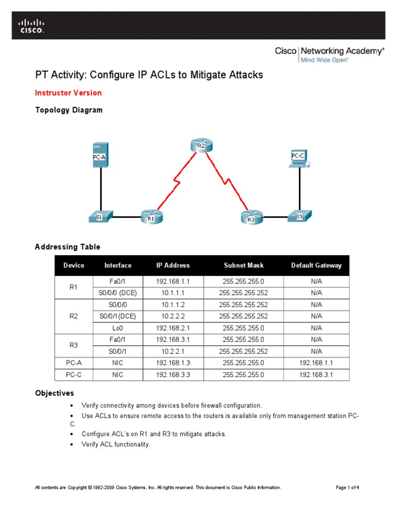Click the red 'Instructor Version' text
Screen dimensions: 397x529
coord(68,93)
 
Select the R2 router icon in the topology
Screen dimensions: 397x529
coord(201,146)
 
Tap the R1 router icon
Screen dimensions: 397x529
coord(151,217)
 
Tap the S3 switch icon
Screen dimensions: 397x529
coord(300,216)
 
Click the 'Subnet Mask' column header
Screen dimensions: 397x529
coord(243,266)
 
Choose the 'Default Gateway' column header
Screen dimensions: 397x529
coord(316,266)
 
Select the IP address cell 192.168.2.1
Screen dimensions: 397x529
coord(173,328)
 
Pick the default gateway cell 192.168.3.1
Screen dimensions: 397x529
coord(316,375)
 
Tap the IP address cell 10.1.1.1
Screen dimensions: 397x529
coord(173,292)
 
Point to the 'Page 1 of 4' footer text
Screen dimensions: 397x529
coord(347,487)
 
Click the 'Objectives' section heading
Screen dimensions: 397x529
coord(54,393)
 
